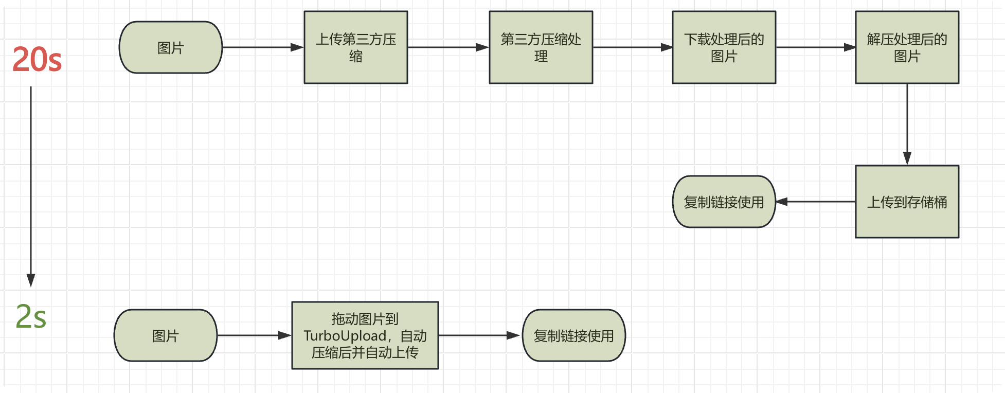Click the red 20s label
(37, 59)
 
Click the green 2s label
(31, 316)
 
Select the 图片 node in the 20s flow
(171, 47)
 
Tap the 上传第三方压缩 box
(356, 47)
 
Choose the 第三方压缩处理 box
(541, 47)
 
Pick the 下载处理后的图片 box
(724, 47)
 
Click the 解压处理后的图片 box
(907, 47)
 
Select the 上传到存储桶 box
(907, 202)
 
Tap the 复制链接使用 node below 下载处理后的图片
(724, 202)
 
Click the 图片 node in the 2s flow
(166, 335)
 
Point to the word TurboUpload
(345, 336)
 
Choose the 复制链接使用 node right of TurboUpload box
(574, 335)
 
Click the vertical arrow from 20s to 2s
(31, 185)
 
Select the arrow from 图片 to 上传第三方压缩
(262, 47)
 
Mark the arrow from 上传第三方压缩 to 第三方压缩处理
(447, 47)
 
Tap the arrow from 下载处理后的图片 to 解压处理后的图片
(815, 47)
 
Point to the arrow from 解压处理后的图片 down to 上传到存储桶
(907, 123)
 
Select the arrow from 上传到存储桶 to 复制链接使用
(815, 202)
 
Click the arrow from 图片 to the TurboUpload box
(254, 335)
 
